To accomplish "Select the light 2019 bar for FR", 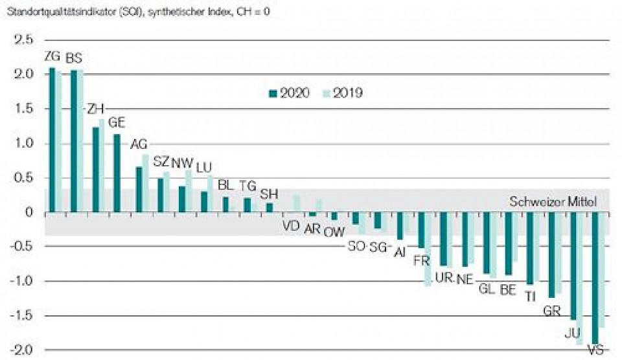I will (428, 249).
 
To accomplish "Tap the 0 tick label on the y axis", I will (28, 212).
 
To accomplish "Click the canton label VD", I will (292, 227).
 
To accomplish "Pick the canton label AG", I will (139, 144).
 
